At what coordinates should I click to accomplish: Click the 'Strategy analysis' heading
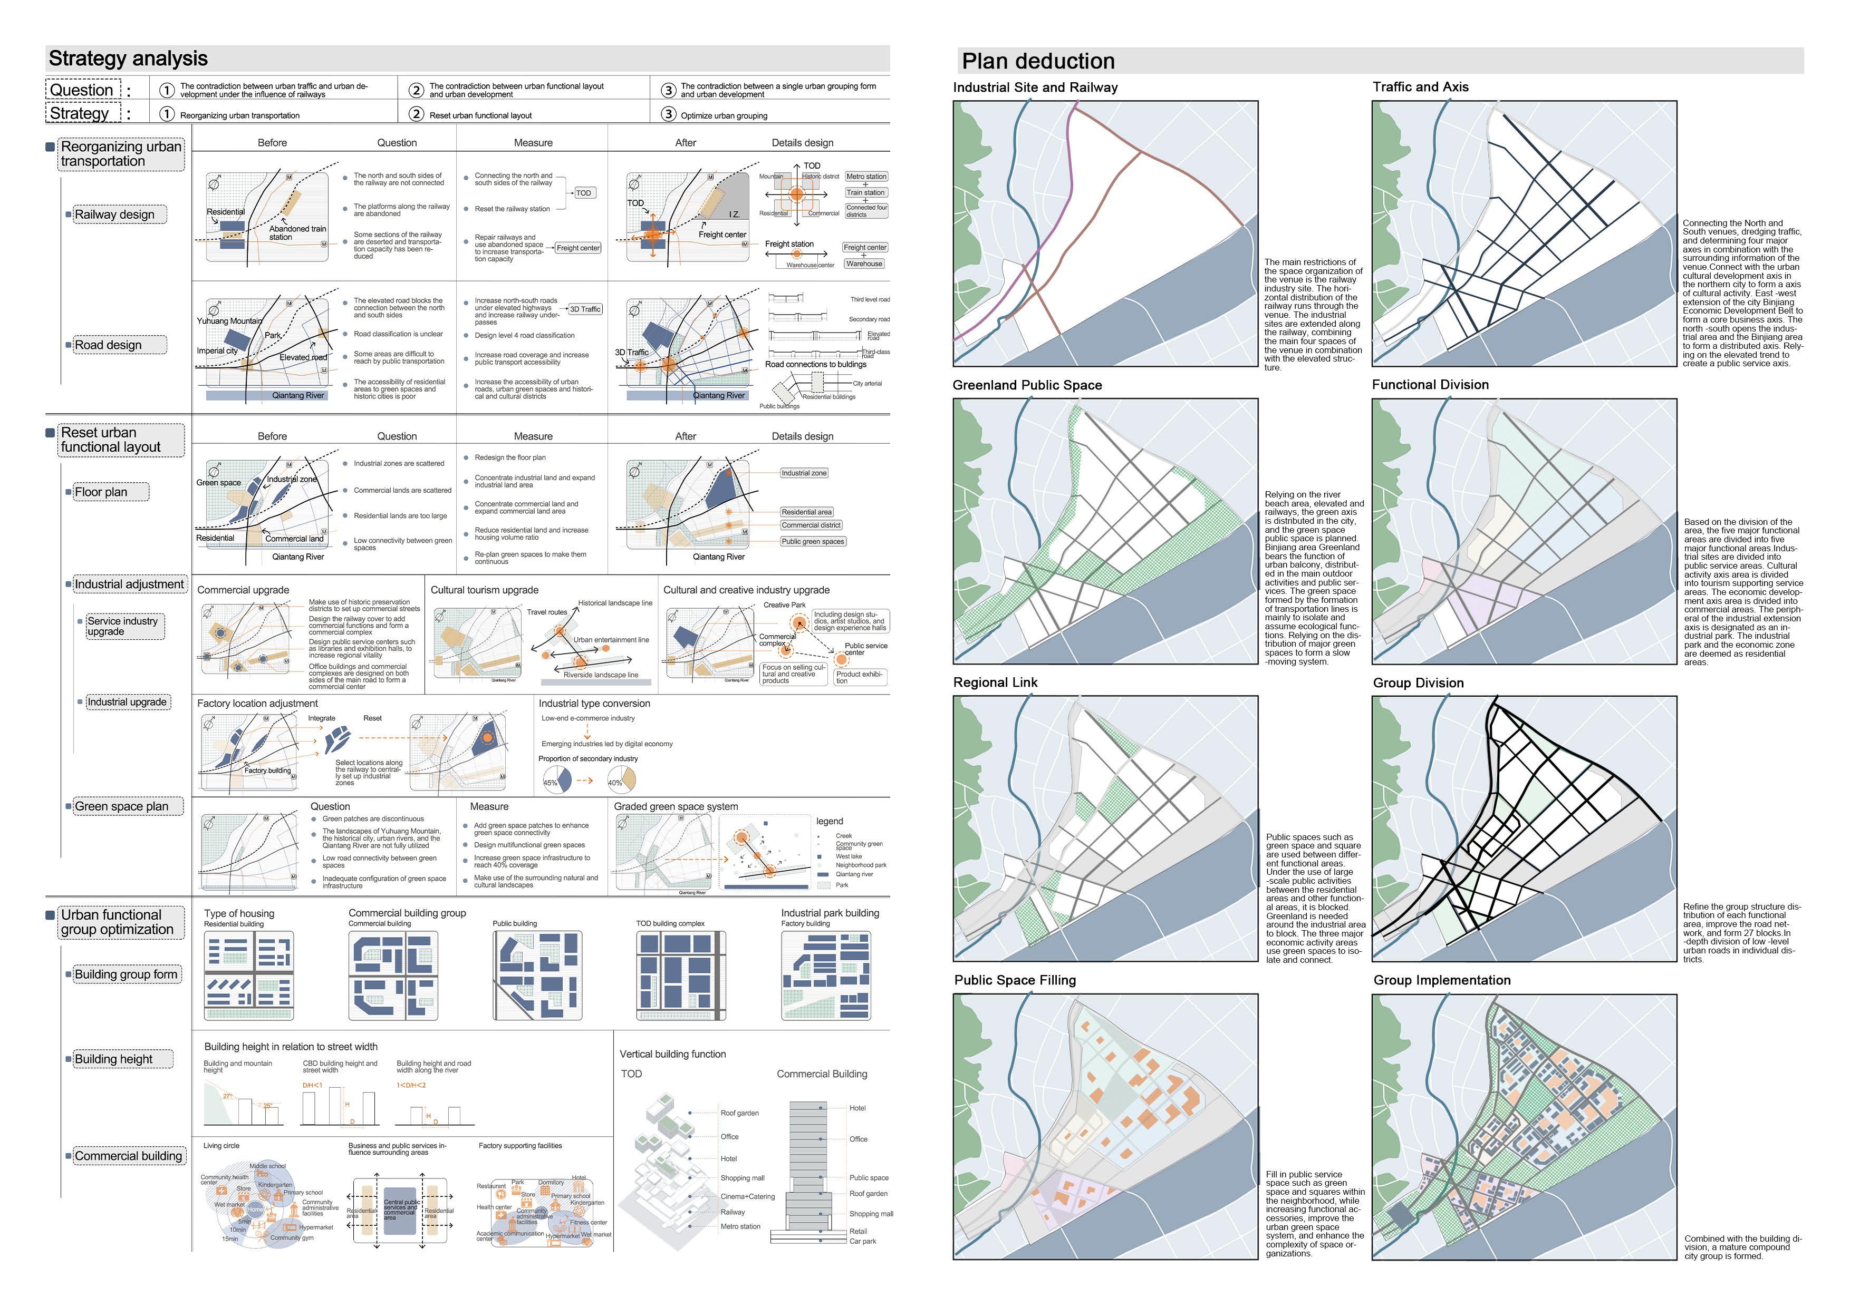[128, 59]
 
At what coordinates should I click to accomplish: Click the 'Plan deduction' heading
[1038, 61]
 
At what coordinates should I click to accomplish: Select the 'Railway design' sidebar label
[114, 214]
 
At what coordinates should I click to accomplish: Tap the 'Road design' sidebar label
[108, 345]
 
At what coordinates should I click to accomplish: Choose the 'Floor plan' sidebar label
[101, 492]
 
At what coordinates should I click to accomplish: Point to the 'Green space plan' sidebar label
[122, 806]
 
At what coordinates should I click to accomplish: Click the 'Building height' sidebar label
[113, 1059]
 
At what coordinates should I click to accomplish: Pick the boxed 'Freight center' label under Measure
[577, 248]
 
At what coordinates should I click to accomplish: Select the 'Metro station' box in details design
[866, 177]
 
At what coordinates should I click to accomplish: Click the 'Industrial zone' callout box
[803, 473]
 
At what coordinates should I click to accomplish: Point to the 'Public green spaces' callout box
[812, 541]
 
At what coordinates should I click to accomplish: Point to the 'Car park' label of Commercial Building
[862, 1241]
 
